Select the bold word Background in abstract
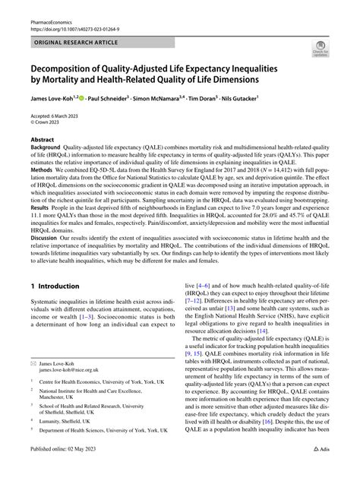coord(47,150)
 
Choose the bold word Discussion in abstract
coord(46,258)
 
